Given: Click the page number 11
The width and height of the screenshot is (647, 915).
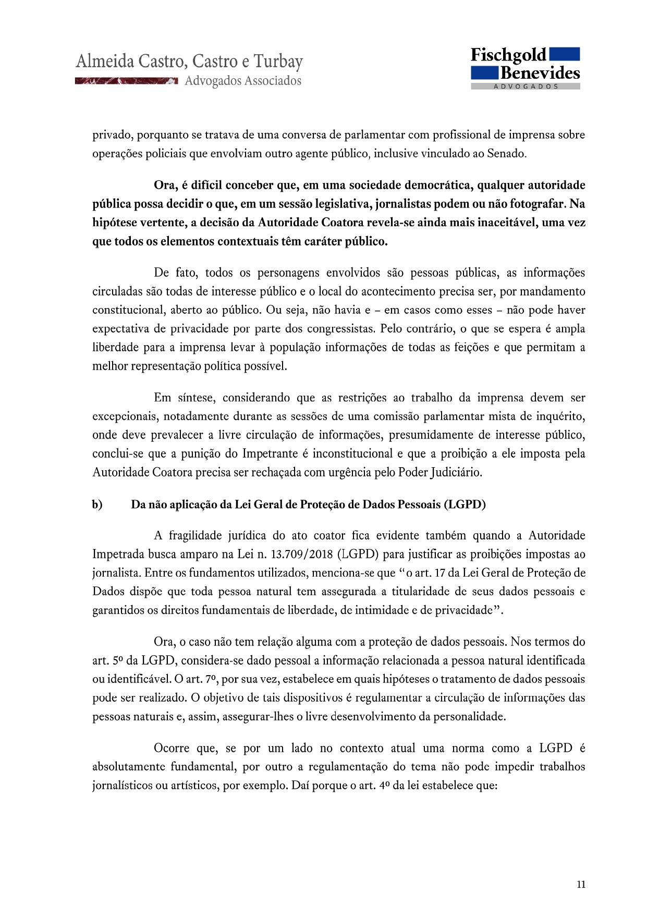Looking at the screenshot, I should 581,884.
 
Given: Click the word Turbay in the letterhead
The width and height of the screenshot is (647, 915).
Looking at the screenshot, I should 278,62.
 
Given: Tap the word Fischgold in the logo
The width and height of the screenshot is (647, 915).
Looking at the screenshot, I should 508,55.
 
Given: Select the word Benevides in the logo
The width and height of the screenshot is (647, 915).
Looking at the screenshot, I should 540,73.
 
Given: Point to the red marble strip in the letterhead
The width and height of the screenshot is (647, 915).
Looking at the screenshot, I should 126,81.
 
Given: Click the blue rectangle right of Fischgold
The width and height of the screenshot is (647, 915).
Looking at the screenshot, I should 565,54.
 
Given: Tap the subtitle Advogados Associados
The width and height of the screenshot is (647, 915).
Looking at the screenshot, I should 243,81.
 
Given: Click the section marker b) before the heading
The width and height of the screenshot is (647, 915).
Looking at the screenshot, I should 97,505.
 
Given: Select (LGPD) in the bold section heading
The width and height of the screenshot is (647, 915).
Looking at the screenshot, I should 465,505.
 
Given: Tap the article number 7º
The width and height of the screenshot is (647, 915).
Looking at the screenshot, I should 210,679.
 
